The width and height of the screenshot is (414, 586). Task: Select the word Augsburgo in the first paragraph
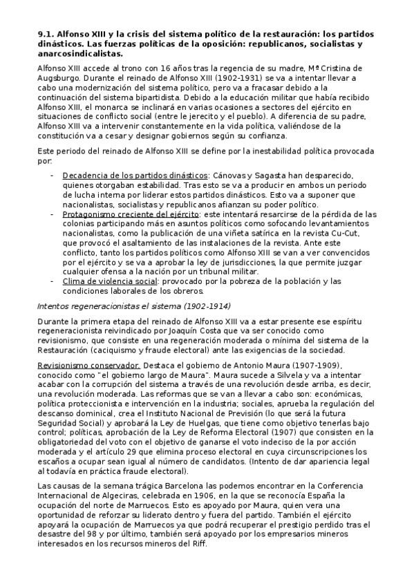(58, 79)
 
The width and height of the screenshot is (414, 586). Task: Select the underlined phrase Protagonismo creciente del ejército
(131, 214)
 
